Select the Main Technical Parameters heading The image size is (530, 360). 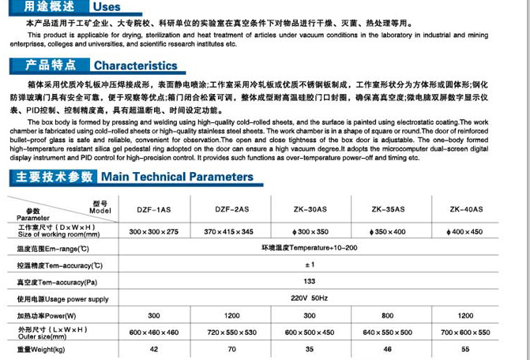click(x=177, y=176)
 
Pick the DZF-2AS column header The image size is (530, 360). click(x=231, y=209)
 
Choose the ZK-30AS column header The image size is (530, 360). click(x=310, y=209)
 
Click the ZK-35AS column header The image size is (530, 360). click(x=388, y=209)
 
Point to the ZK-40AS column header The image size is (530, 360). click(x=466, y=209)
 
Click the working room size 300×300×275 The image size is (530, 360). click(x=154, y=231)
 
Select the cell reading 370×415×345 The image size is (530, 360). click(x=231, y=231)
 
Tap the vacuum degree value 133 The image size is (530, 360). click(x=310, y=281)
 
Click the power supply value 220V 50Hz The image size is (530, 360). click(x=310, y=298)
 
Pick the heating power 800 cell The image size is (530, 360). click(x=388, y=315)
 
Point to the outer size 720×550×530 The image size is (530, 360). click(x=231, y=332)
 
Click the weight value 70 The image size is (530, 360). click(x=231, y=348)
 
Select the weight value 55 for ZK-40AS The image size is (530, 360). click(x=466, y=348)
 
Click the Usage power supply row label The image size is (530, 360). click(x=63, y=299)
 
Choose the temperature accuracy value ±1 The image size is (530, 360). click(x=310, y=264)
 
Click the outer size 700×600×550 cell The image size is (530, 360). click(x=466, y=332)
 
